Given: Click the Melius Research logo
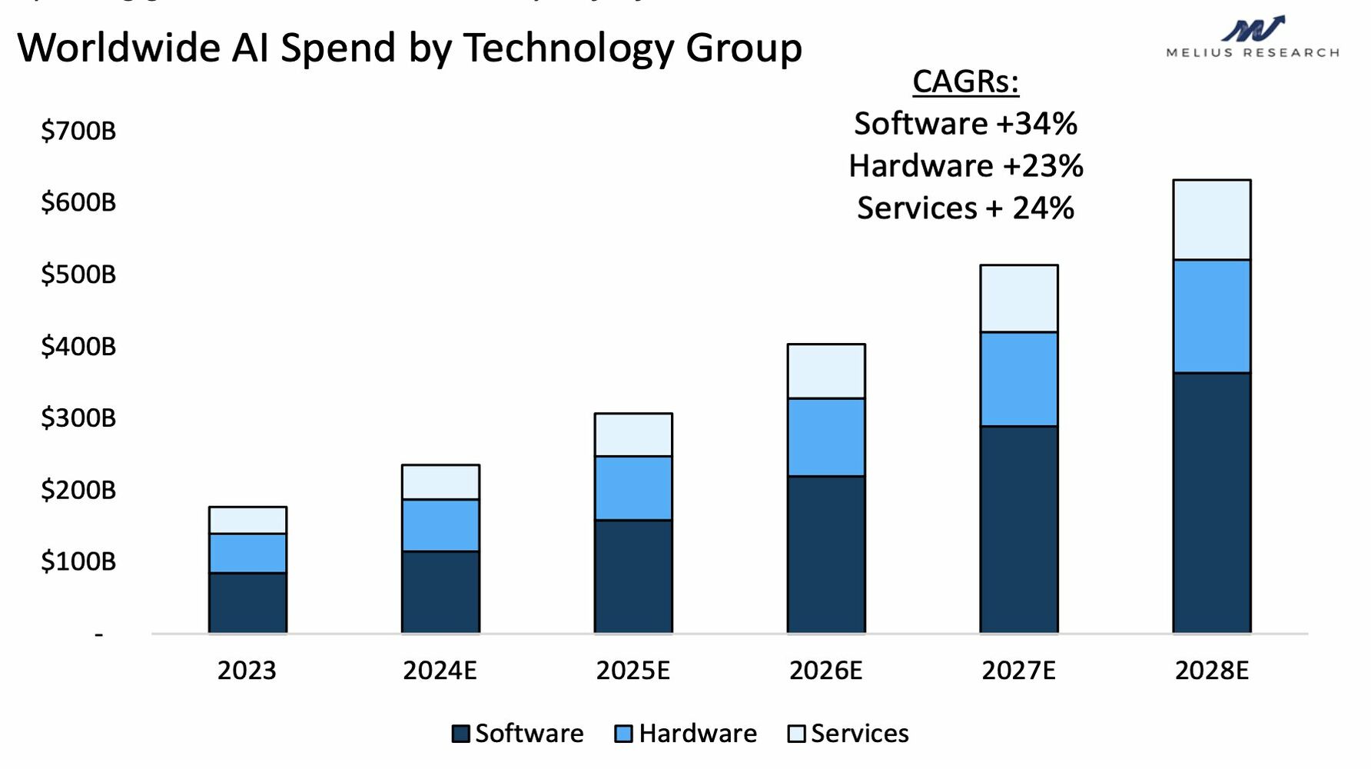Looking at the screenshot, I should pos(1253,37).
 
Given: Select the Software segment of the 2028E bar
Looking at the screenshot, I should pos(1211,503).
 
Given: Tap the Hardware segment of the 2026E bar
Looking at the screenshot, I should pos(826,437).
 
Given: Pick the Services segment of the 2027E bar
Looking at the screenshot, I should pos(1019,298).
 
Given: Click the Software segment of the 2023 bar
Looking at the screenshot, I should pos(247,603).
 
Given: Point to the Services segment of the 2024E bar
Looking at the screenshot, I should pos(440,482).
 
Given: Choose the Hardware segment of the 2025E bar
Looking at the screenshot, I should pos(633,488).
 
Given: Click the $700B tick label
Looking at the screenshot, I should pos(78,131).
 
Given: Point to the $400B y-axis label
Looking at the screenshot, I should pos(78,346).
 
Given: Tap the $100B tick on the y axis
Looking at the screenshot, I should pos(78,561).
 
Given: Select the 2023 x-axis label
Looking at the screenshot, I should pos(247,671).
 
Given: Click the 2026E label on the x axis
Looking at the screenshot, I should pos(826,671).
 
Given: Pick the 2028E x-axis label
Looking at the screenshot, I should pos(1212,671).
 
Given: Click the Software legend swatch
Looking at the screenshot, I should pos(461,734).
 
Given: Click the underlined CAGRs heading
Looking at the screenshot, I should pos(965,82).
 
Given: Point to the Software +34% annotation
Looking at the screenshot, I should pos(965,124).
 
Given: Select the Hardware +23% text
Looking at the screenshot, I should pos(965,166).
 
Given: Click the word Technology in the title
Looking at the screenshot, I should pos(568,48).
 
